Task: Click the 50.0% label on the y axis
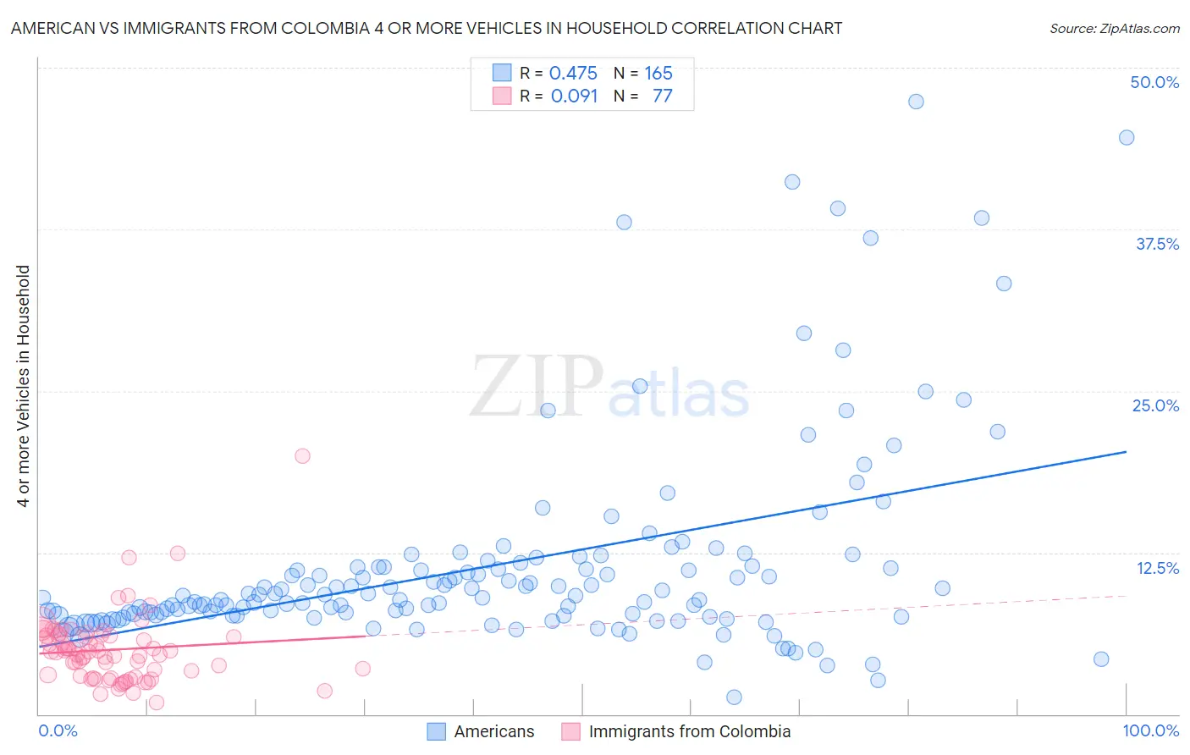click(x=1154, y=82)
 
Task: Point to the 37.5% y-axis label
click(x=1157, y=244)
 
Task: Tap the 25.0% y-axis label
click(x=1155, y=405)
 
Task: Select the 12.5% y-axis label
click(x=1157, y=568)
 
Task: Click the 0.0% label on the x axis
click(x=58, y=730)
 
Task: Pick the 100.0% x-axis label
click(x=1150, y=730)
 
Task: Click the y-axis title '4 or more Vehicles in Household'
click(x=24, y=386)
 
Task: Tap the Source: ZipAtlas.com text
click(x=1114, y=28)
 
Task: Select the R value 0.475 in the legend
click(x=573, y=73)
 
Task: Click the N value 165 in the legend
click(x=658, y=73)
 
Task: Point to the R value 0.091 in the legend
click(x=574, y=96)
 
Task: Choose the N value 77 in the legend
click(x=662, y=96)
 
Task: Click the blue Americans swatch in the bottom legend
click(x=436, y=731)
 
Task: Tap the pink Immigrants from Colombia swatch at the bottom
click(x=570, y=731)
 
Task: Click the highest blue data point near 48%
click(x=916, y=102)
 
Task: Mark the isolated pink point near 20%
click(x=302, y=456)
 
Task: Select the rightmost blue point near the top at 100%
click(x=1127, y=138)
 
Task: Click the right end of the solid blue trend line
click(x=1126, y=452)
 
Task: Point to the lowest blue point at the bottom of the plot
click(x=734, y=697)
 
